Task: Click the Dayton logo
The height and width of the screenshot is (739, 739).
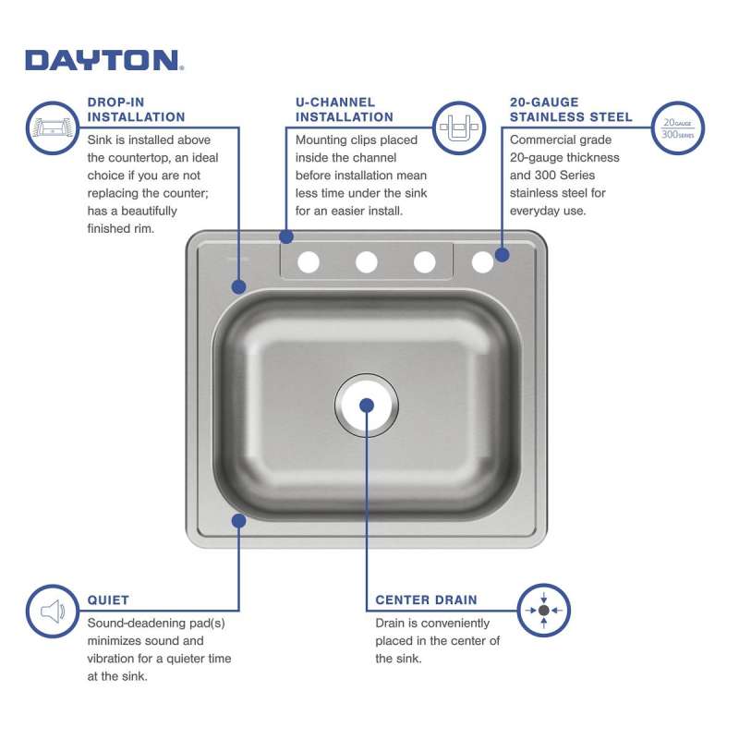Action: (104, 60)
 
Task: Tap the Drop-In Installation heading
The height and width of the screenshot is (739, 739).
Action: (136, 109)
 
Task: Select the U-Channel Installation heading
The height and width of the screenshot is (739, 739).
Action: (344, 109)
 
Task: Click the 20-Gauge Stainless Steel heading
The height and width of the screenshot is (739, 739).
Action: (571, 109)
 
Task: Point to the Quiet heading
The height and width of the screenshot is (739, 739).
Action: (108, 600)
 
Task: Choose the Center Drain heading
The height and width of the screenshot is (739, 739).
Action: (426, 600)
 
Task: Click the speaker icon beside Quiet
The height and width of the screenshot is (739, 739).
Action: (53, 612)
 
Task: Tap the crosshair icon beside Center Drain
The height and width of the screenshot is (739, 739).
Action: (543, 611)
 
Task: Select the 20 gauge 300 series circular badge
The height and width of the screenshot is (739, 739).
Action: (678, 128)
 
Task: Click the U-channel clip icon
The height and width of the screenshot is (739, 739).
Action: (459, 127)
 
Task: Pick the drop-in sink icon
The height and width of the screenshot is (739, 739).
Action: (53, 127)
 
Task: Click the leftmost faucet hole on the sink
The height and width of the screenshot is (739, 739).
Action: (309, 262)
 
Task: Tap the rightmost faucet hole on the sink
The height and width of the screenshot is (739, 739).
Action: (482, 262)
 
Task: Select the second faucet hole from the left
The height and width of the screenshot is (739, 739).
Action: (367, 262)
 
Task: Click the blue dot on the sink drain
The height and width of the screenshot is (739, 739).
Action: (367, 406)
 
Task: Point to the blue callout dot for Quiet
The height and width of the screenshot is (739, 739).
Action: (239, 521)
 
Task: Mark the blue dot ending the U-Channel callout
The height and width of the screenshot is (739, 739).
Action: (286, 236)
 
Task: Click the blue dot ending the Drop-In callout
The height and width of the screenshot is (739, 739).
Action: (239, 286)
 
